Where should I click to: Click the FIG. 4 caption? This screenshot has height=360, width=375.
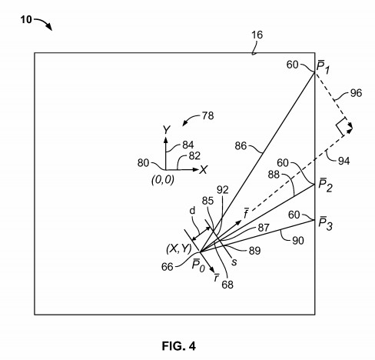(x=179, y=346)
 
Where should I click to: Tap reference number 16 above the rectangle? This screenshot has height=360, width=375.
(x=257, y=35)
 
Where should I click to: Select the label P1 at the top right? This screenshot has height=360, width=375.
(x=324, y=68)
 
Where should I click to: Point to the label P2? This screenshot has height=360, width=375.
(x=325, y=185)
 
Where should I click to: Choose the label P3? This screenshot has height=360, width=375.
(x=325, y=223)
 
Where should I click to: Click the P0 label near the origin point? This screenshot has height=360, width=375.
(x=198, y=265)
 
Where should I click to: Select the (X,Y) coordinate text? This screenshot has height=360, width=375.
(x=179, y=248)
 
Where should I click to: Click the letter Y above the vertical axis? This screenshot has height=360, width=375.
(x=167, y=130)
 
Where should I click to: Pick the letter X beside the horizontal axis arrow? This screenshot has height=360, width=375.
(x=204, y=170)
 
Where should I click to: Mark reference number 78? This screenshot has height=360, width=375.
(x=207, y=116)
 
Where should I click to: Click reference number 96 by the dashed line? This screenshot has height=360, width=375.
(x=356, y=93)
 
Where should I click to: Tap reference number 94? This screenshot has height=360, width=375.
(x=344, y=161)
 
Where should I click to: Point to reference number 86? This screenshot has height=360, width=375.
(x=241, y=146)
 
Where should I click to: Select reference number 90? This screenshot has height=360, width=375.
(x=298, y=241)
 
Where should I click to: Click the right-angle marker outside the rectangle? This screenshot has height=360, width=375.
(x=343, y=126)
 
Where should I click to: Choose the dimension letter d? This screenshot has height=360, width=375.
(x=192, y=211)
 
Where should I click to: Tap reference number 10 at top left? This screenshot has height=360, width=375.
(x=26, y=20)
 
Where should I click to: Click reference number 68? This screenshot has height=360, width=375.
(x=227, y=285)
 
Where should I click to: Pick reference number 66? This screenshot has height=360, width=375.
(x=168, y=267)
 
